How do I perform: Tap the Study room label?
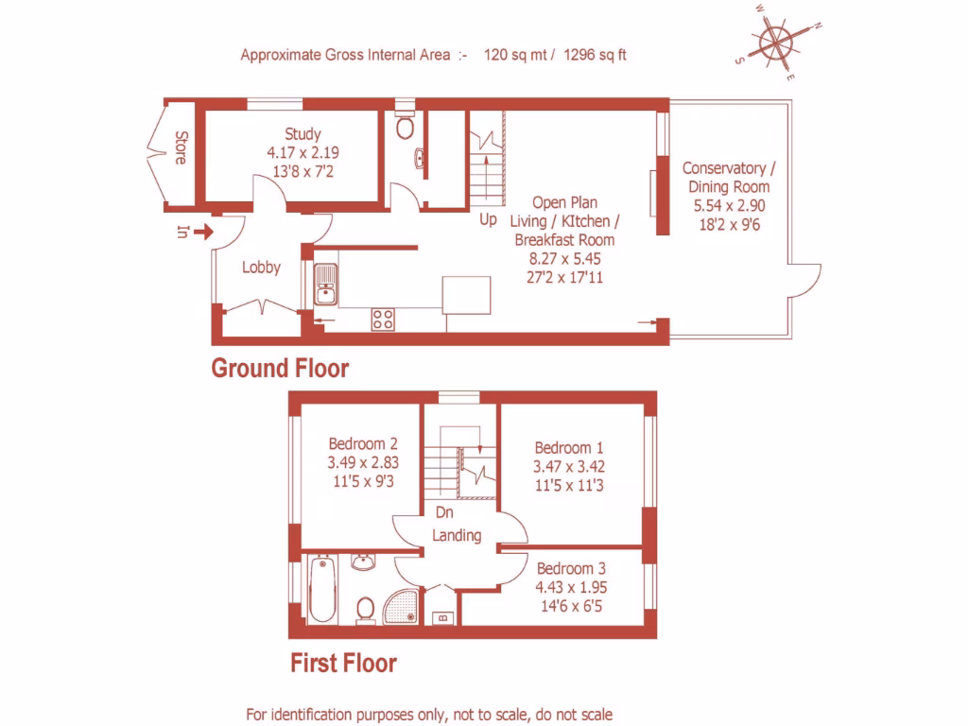coord(303,134)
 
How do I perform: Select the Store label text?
coord(180,148)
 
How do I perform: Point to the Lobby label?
coord(261,268)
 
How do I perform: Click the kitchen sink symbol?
coord(326,285)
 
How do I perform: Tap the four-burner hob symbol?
coord(383,319)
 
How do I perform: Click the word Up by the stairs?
coord(488,219)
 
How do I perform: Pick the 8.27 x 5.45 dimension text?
coord(565,257)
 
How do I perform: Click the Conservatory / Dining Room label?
coord(729,177)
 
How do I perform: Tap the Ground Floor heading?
coord(280,368)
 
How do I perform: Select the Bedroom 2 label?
coord(362,443)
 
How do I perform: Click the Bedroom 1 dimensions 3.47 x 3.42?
coord(569,466)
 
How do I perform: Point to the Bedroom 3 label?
coord(571,569)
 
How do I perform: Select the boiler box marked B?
coord(441,618)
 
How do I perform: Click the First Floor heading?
coord(343,664)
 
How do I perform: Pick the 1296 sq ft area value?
coord(595,55)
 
